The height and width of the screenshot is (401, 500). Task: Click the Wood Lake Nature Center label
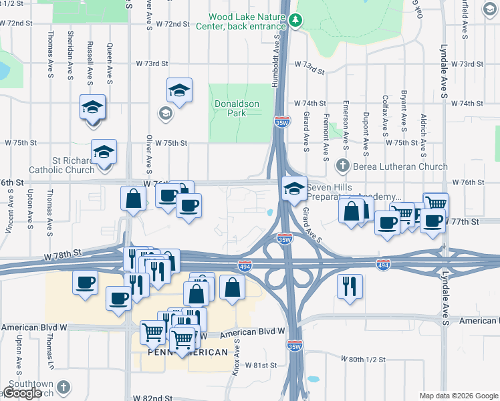(x=248, y=21)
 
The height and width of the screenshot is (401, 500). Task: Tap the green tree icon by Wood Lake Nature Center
(x=294, y=21)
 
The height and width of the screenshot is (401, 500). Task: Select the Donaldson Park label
(x=231, y=108)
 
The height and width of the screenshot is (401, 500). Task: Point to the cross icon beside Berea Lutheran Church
(x=343, y=165)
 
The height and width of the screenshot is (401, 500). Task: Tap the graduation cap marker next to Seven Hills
(x=293, y=188)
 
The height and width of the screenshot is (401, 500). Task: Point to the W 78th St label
(x=63, y=254)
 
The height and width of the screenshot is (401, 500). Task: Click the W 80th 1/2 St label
(x=364, y=359)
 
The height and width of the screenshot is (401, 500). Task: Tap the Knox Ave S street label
(x=235, y=356)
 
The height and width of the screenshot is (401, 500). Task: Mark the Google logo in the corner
(x=22, y=393)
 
